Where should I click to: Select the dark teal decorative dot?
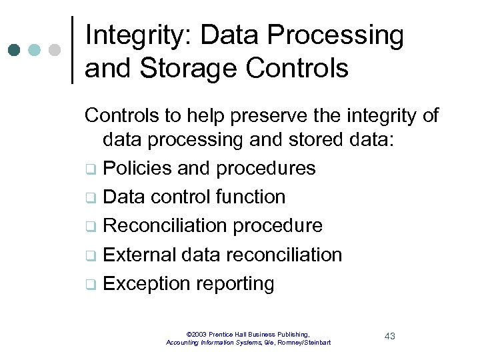pyautogui.click(x=15, y=50)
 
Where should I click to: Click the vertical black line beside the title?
pyautogui.click(x=72, y=50)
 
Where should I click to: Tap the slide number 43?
pyautogui.click(x=389, y=336)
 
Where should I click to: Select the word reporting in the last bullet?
pyautogui.click(x=235, y=284)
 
